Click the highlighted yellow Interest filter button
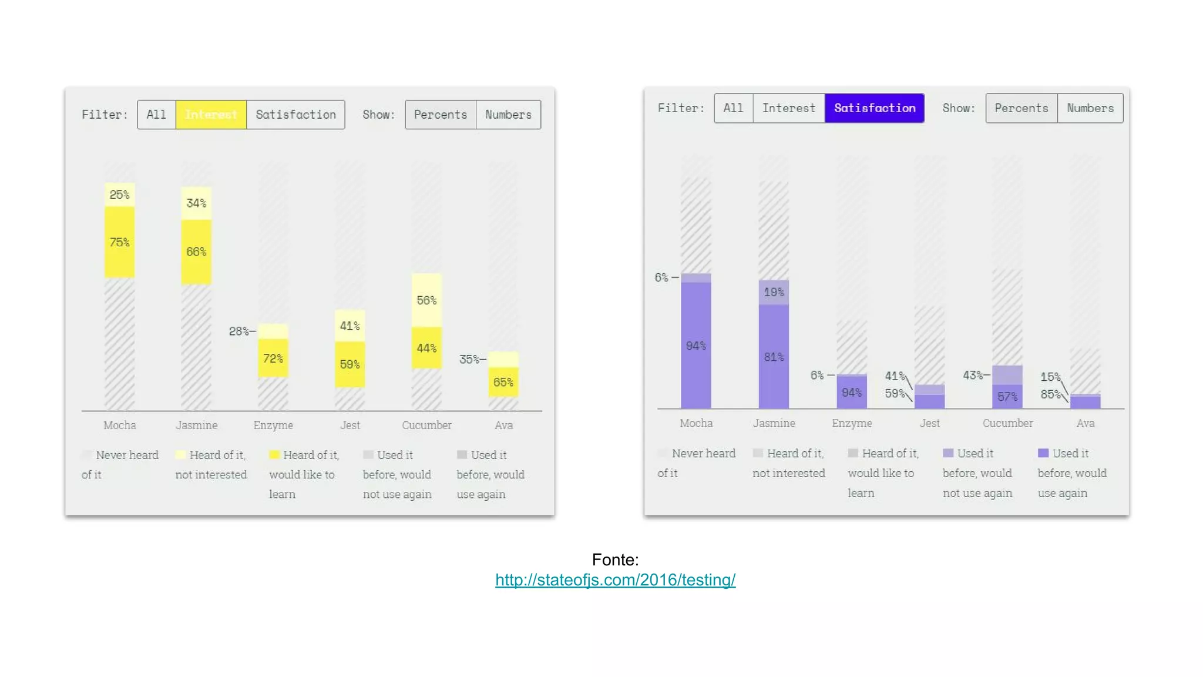point(211,115)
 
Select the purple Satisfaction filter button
point(874,108)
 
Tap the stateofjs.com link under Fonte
point(615,580)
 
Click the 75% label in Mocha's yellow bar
point(119,242)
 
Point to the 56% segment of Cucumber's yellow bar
point(426,300)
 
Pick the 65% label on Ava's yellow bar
point(503,383)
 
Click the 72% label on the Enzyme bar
point(273,358)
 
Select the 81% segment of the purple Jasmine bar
point(774,357)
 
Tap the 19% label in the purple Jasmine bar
point(774,292)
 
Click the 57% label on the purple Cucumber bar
point(1007,397)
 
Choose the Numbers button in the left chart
point(508,115)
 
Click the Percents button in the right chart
point(1021,108)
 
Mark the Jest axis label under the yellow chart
point(350,425)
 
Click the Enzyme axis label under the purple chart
point(852,423)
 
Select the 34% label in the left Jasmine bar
point(196,203)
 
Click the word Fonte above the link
point(614,559)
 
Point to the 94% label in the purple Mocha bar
point(696,346)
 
